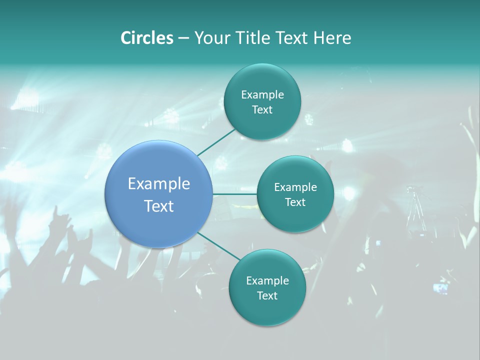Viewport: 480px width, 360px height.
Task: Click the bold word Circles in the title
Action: (146, 38)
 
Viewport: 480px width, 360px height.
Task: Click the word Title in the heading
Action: (253, 38)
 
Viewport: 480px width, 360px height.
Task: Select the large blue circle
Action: (159, 194)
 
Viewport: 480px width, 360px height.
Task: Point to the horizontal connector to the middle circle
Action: (234, 194)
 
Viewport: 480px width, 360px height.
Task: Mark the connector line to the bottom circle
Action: (219, 246)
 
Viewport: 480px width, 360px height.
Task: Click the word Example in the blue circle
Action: (159, 184)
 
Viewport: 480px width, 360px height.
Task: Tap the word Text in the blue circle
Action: (159, 206)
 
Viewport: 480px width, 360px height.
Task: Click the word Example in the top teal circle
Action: (262, 94)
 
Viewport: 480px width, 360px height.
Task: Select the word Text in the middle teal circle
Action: (295, 202)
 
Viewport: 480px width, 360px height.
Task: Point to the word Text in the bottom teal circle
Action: (267, 295)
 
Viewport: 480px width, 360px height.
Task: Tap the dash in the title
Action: (183, 38)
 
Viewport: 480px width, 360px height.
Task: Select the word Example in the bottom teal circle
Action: (267, 280)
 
